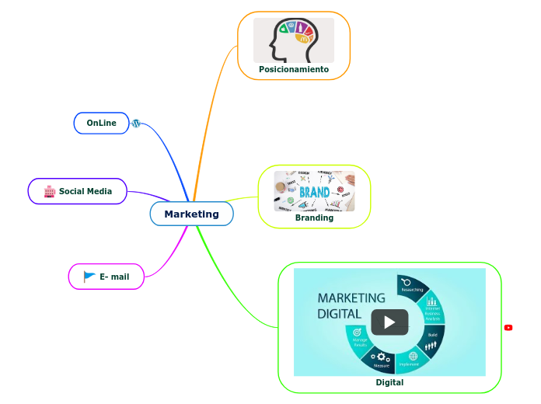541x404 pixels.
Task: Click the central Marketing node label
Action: point(191,214)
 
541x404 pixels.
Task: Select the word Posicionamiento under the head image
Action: point(294,70)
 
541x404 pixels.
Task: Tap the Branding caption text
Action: point(314,218)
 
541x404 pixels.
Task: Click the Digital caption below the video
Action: point(389,382)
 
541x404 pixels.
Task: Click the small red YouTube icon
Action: point(508,328)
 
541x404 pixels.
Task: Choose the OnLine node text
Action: point(101,124)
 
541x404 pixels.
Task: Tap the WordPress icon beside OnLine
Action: point(136,124)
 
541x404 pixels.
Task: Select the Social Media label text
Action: point(86,191)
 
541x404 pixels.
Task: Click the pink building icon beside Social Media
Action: point(48,191)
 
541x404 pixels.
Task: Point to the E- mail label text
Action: point(114,277)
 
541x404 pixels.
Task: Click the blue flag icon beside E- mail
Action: point(89,277)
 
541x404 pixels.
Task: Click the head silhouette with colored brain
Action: point(294,40)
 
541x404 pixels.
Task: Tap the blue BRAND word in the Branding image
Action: point(314,190)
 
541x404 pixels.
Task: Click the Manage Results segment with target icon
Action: point(359,339)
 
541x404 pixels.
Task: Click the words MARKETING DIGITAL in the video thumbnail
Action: point(351,305)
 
